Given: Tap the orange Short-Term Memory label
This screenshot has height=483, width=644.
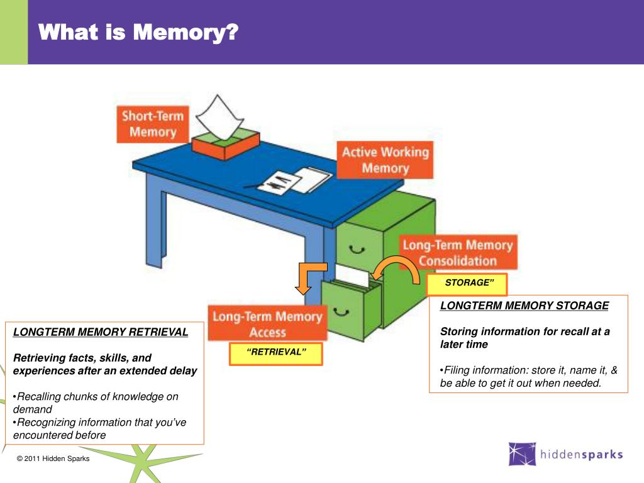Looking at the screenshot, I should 153,124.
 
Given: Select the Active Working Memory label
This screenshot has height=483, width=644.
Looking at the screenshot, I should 385,160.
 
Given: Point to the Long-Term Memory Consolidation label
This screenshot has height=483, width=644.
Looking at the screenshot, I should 457,253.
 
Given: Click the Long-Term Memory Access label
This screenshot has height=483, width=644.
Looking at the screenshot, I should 267,324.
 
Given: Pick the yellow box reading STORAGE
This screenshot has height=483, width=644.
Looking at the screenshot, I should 467,284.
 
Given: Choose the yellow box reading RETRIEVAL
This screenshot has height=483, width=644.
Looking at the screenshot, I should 275,353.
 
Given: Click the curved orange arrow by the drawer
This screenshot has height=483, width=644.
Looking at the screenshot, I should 396,269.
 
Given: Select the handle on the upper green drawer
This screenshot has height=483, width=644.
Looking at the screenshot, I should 357,249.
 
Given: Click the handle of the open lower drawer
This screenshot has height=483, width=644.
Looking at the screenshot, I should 341,310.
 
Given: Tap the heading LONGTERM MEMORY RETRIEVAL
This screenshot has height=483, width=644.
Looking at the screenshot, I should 101,332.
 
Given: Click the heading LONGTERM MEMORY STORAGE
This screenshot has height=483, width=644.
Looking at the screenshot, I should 525,306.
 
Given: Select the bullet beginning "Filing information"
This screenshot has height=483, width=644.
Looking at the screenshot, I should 528,376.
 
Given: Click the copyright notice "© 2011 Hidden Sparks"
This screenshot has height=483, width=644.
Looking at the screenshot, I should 53,458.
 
